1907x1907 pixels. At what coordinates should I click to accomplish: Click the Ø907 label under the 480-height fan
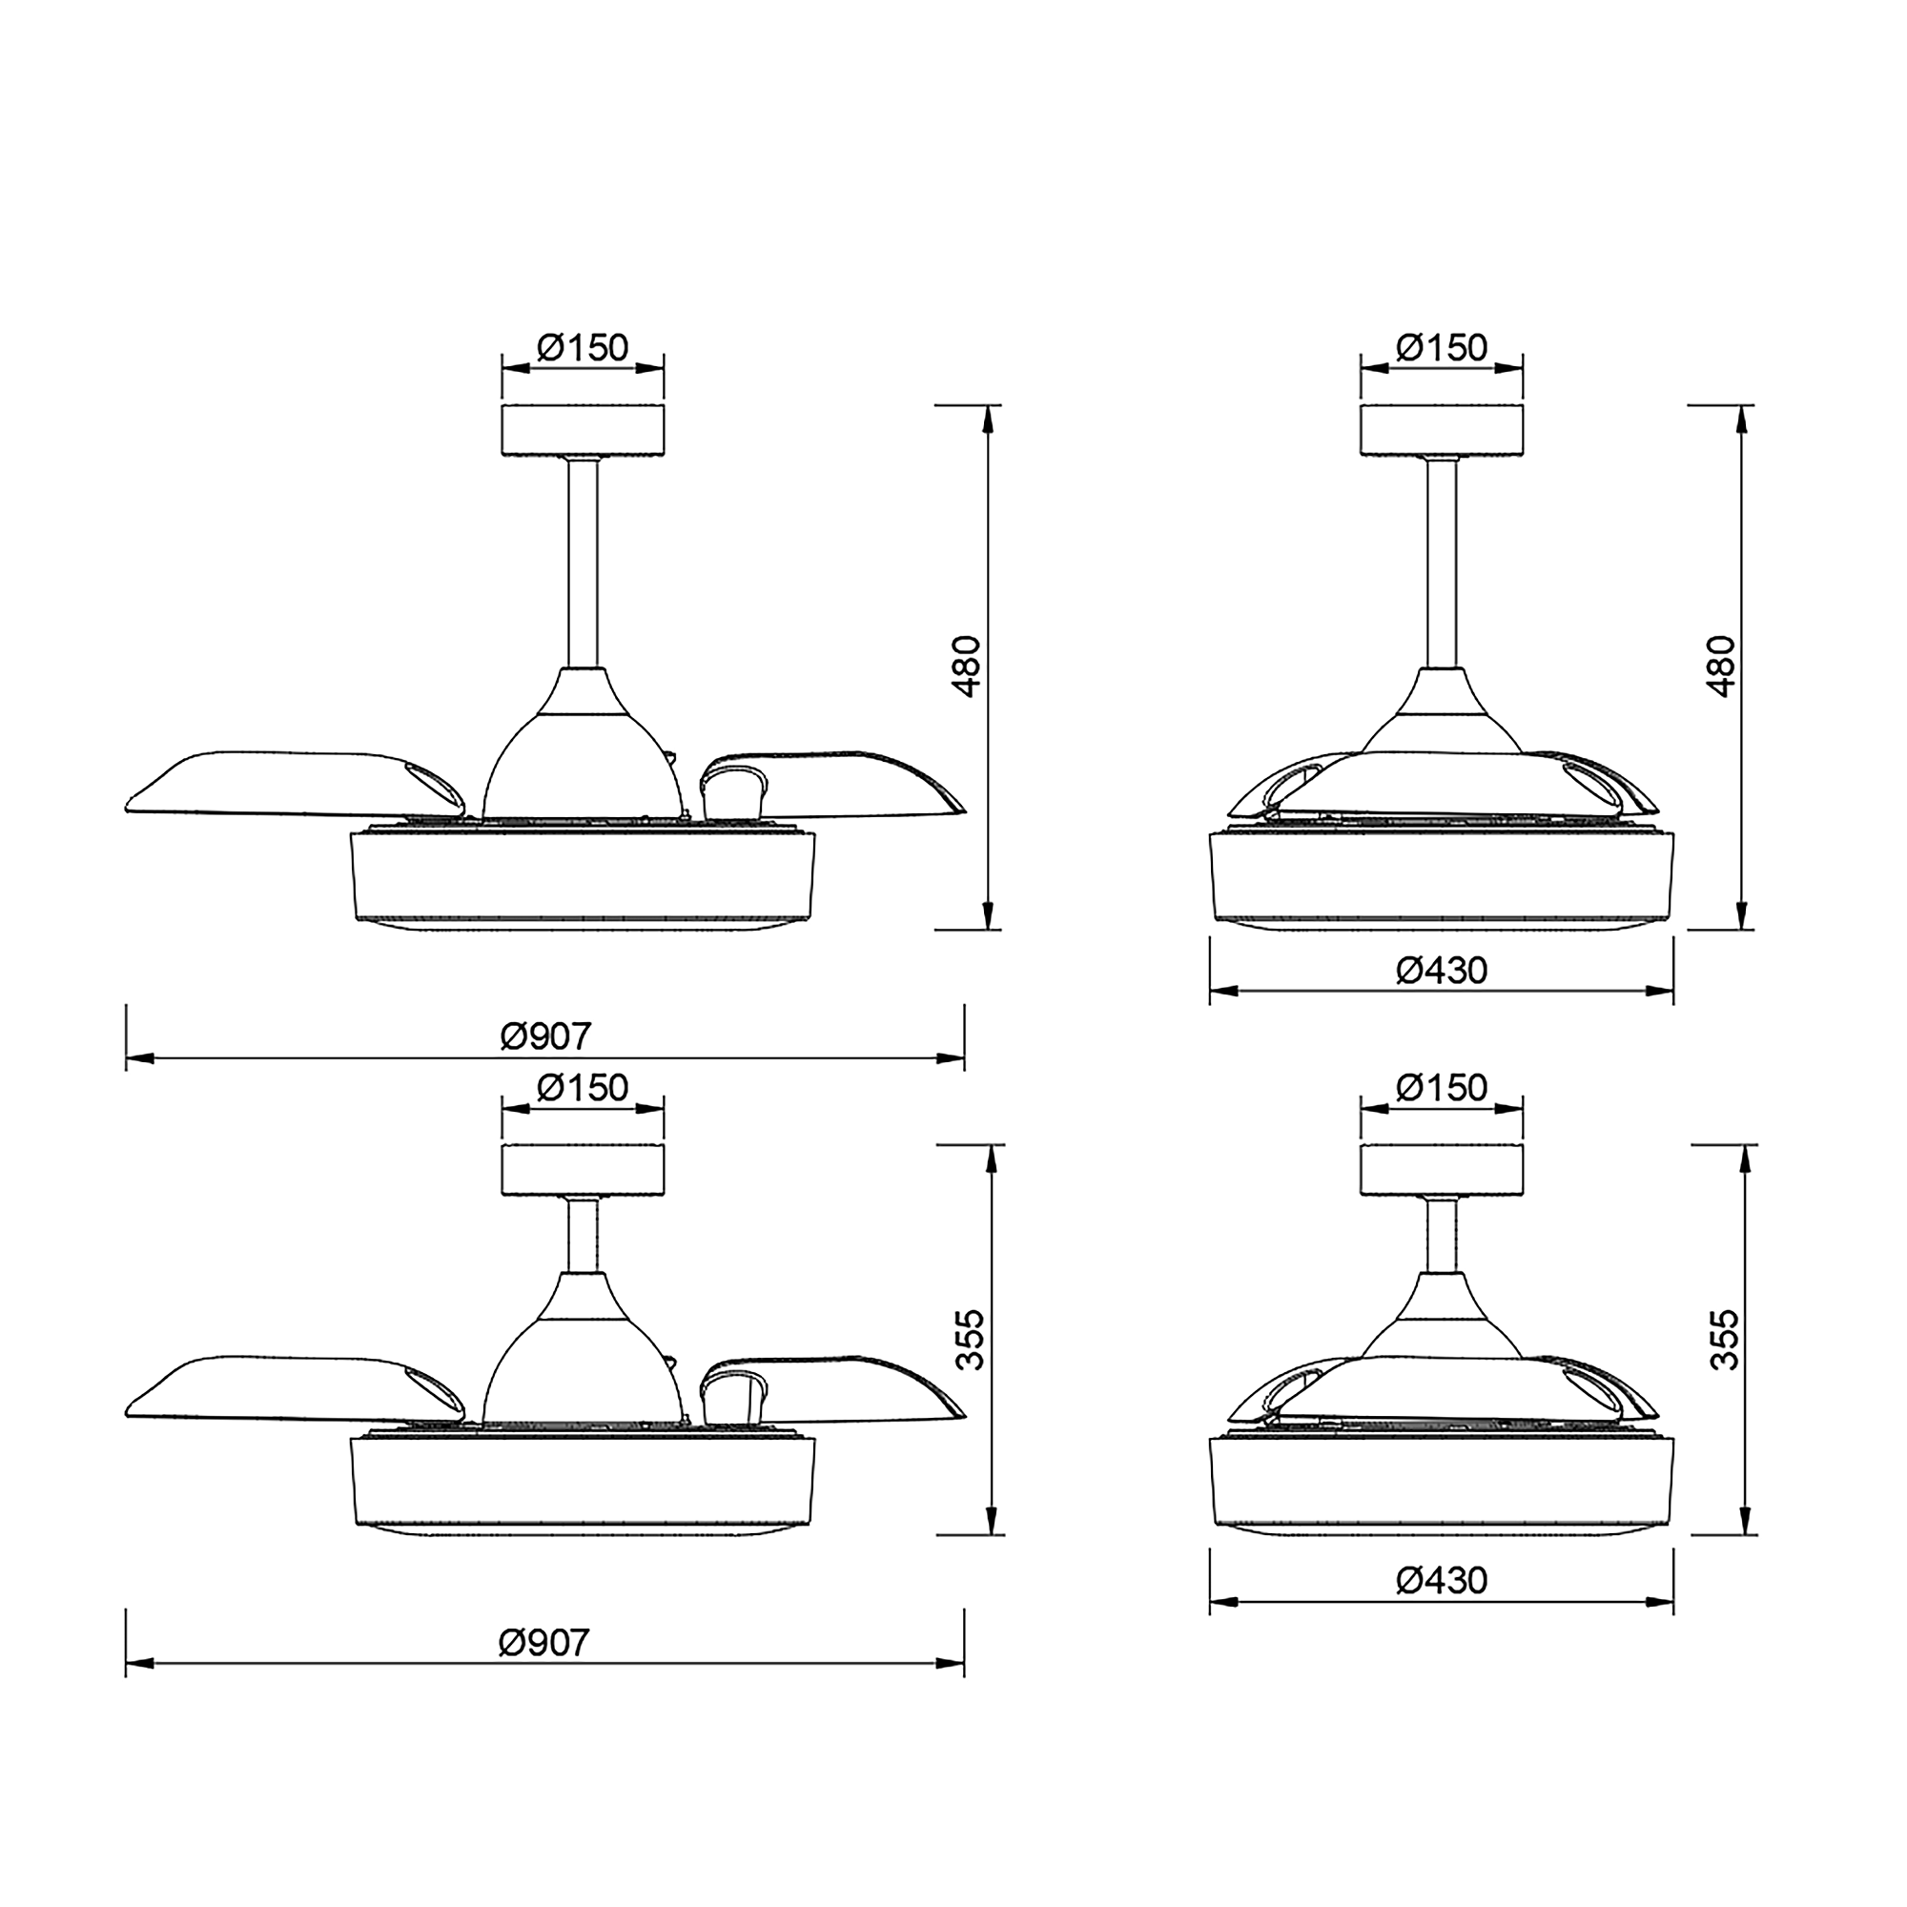[x=545, y=1036]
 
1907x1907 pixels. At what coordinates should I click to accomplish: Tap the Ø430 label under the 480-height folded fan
[x=1441, y=972]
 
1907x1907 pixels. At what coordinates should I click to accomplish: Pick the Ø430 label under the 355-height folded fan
[x=1441, y=1580]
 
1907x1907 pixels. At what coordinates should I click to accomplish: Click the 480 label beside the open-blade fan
[x=969, y=666]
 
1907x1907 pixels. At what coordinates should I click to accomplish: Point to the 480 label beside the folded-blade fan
[x=1720, y=666]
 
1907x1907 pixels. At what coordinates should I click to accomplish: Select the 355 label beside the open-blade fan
[x=972, y=1340]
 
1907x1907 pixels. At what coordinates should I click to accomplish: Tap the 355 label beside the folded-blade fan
[x=1723, y=1340]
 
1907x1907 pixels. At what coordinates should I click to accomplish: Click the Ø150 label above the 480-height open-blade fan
[x=583, y=347]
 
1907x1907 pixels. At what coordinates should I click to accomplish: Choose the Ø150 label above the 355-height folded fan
[x=1441, y=1088]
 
